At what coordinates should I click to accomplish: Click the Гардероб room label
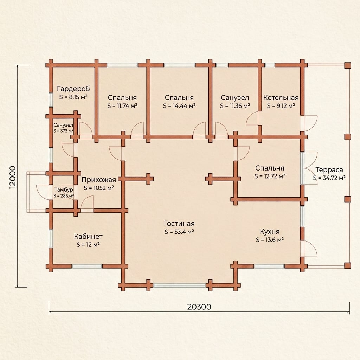click(x=73, y=89)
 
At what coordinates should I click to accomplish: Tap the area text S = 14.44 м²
click(x=179, y=106)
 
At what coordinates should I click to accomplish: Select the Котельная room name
click(x=281, y=98)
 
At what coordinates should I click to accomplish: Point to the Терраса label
click(x=329, y=170)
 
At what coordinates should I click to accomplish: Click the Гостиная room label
click(x=179, y=223)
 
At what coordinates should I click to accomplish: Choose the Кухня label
click(x=270, y=231)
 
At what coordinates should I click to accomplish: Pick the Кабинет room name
click(x=88, y=236)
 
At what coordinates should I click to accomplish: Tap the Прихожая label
click(x=99, y=180)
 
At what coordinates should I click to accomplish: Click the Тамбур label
click(x=64, y=190)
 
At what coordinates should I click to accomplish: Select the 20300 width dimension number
click(x=199, y=307)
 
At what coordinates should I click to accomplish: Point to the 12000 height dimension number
click(x=13, y=177)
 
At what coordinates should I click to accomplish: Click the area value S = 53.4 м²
click(x=179, y=232)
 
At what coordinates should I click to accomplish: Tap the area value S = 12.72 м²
click(x=270, y=176)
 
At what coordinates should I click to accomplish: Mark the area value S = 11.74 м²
click(x=122, y=106)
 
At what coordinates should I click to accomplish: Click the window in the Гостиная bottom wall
click(x=179, y=285)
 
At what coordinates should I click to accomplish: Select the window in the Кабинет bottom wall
click(x=87, y=266)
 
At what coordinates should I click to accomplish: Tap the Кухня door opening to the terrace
click(x=309, y=249)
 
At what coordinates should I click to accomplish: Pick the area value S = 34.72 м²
click(x=329, y=178)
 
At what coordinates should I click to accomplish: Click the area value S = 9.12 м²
click(x=281, y=106)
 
